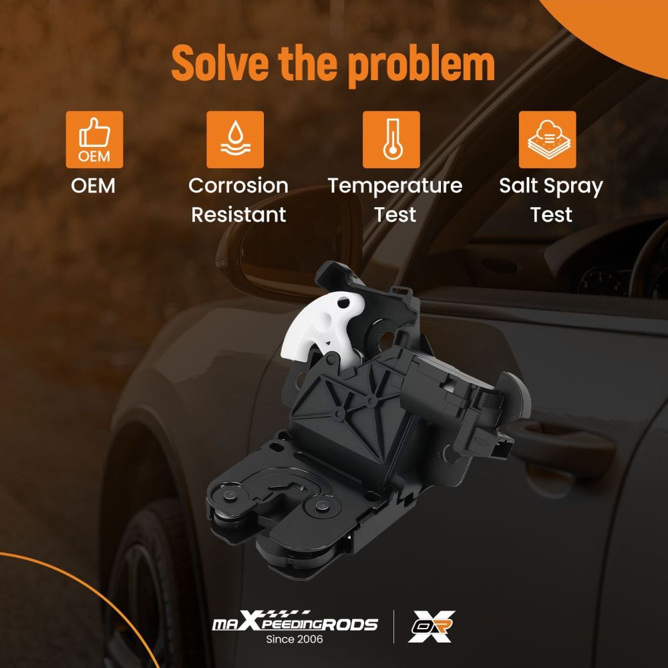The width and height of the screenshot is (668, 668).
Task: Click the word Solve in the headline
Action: point(220,63)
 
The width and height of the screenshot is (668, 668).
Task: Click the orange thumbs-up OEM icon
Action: point(94,140)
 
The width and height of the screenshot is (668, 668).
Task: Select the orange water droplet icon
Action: point(234,140)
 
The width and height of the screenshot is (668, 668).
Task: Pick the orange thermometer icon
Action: point(391,140)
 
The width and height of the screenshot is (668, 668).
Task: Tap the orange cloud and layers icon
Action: point(548,140)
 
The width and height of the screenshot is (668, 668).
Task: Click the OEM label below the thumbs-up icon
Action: point(94,186)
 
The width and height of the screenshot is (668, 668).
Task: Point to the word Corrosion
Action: point(238,186)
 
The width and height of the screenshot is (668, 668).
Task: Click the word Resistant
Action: point(238,214)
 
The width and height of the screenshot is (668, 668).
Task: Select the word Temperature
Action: point(395,186)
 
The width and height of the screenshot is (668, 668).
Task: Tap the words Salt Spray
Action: point(551,186)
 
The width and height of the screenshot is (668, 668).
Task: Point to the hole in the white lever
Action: point(343,304)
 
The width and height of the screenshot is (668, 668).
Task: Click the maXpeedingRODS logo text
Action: point(295,622)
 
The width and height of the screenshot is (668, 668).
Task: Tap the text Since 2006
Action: point(295,639)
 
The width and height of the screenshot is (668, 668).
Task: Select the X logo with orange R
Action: point(432,627)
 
